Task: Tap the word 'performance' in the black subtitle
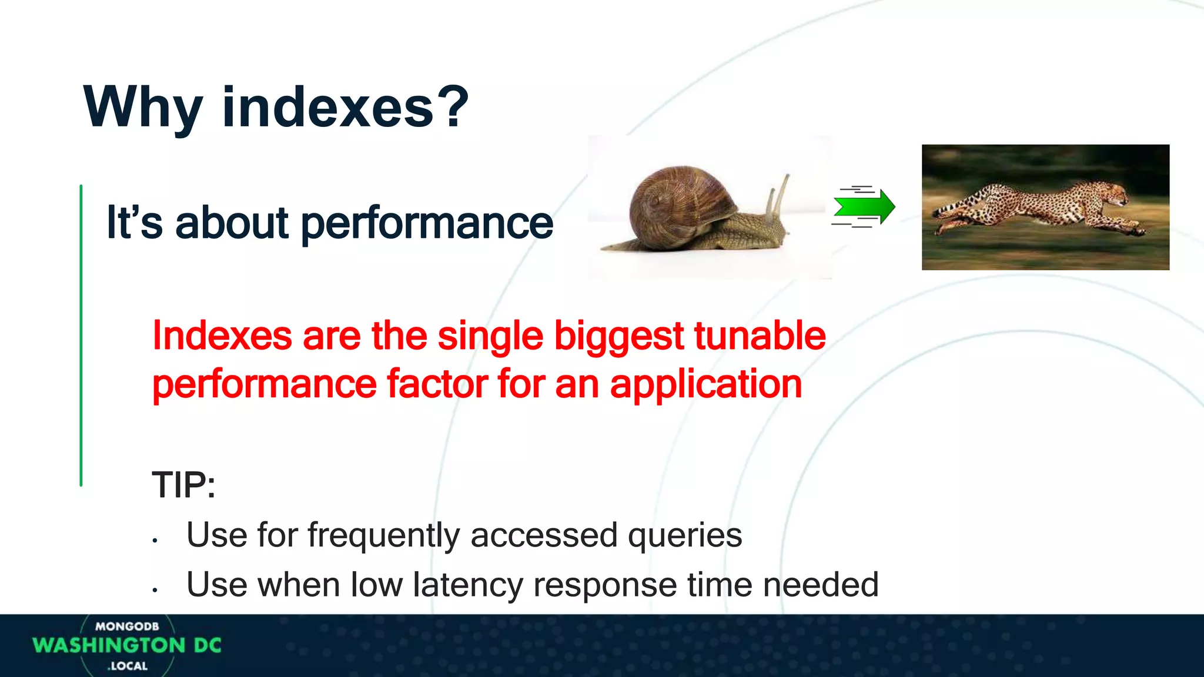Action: pyautogui.click(x=427, y=223)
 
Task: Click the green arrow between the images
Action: pyautogui.click(x=864, y=207)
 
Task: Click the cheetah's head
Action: pyautogui.click(x=1111, y=193)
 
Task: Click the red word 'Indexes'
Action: pyautogui.click(x=222, y=336)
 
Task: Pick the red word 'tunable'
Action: pyautogui.click(x=760, y=336)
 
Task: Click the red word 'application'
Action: pyautogui.click(x=705, y=385)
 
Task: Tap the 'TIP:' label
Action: pyautogui.click(x=183, y=485)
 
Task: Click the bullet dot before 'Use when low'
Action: pyautogui.click(x=155, y=589)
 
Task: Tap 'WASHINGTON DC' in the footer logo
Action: pyautogui.click(x=126, y=645)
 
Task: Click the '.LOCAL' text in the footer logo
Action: pyautogui.click(x=128, y=666)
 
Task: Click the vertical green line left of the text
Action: pyautogui.click(x=81, y=335)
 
